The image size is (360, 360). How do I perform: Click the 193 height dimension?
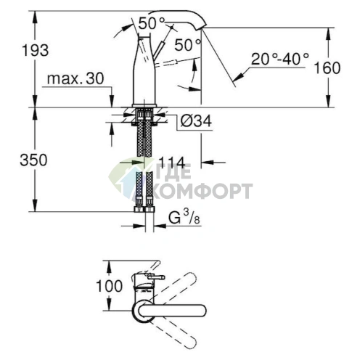point(36,51)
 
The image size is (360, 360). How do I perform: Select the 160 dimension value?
point(327,67)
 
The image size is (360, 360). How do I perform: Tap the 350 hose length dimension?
point(33,160)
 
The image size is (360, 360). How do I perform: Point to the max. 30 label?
point(75,78)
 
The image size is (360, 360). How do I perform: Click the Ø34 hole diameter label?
point(196,120)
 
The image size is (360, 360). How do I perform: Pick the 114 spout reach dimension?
point(172,163)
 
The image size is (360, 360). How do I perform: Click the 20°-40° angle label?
point(280,59)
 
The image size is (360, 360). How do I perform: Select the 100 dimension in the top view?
point(110,286)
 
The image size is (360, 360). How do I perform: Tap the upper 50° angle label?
point(152,23)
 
